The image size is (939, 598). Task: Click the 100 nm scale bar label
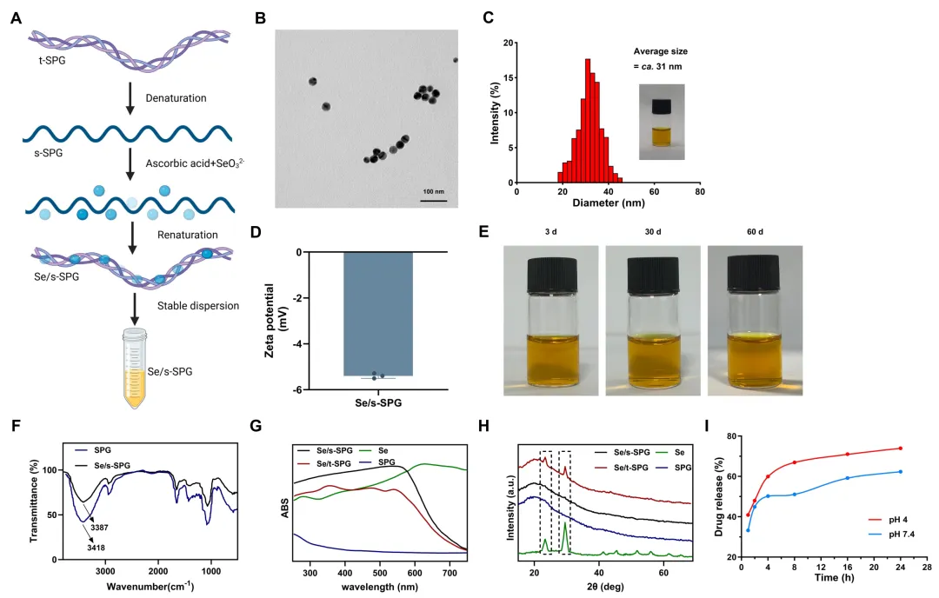coord(434,191)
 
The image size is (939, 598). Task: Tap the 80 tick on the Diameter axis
coord(700,193)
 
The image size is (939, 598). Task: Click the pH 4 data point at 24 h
coord(901,448)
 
